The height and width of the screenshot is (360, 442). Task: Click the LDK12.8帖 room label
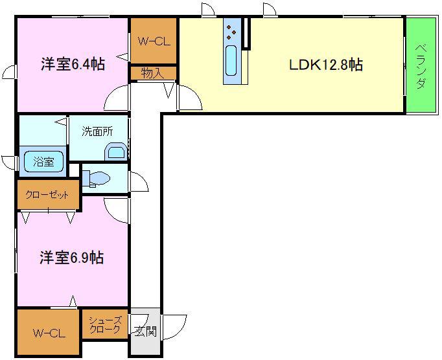[326, 65]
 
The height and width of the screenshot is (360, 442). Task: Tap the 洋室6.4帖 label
[73, 64]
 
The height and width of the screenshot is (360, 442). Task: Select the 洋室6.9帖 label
[72, 258]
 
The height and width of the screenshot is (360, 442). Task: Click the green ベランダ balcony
[421, 65]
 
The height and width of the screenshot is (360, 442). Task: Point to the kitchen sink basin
[231, 61]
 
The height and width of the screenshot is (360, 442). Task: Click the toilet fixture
[97, 179]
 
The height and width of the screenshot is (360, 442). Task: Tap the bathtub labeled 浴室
[43, 162]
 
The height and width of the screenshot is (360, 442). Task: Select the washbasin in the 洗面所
[116, 152]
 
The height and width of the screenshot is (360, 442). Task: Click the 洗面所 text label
[97, 131]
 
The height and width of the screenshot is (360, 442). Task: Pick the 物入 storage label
[152, 73]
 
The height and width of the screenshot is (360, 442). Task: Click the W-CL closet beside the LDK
[154, 41]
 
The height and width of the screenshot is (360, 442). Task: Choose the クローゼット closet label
[47, 195]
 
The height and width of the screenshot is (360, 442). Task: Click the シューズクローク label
[104, 324]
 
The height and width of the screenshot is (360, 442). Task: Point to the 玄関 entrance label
[145, 331]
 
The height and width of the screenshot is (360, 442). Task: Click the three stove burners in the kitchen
[231, 32]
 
